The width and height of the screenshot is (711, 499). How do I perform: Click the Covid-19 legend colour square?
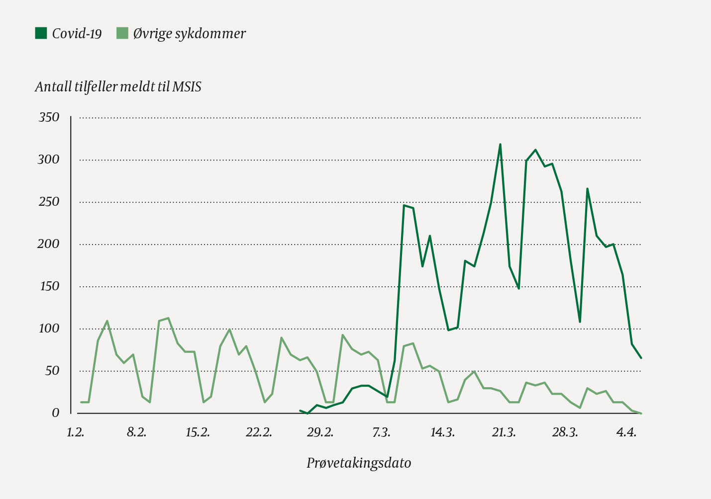pos(41,33)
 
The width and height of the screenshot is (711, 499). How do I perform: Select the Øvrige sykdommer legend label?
pos(189,34)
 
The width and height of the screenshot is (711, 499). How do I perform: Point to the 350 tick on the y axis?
pos(49,117)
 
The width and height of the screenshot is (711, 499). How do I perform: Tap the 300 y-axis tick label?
pos(49,160)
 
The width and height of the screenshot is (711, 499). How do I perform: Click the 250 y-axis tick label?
pos(49,202)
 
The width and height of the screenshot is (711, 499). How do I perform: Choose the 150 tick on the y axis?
pos(49,286)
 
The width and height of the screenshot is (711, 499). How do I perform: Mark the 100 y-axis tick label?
pos(49,329)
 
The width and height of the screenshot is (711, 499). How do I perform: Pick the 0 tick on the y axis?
pos(55,413)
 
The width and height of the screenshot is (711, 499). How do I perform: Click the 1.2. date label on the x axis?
pos(75,432)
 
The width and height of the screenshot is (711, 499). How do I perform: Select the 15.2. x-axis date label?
pos(198,432)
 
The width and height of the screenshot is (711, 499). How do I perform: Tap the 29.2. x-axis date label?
pos(320,432)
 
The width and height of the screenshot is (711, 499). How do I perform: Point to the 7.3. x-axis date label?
pos(381,432)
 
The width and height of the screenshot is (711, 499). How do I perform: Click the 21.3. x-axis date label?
pos(504,432)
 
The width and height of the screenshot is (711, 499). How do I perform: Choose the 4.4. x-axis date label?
pos(626,432)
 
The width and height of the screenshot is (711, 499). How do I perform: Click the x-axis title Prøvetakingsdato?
pos(359,463)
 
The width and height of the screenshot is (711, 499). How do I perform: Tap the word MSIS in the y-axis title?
pos(187,87)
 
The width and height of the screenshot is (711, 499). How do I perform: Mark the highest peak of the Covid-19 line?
pos(500,144)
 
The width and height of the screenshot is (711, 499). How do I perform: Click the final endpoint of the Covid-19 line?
pos(641,358)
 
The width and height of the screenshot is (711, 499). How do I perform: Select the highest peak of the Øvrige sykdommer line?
pos(168,318)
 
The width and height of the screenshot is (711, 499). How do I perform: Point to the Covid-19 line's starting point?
pos(300,411)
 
